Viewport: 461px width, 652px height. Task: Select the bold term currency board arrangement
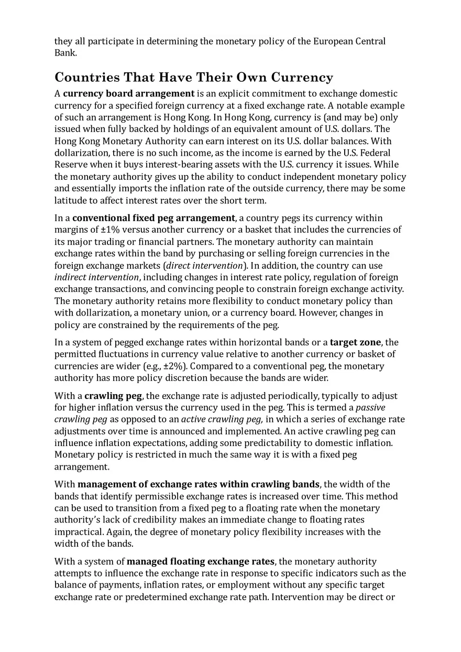coord(128,94)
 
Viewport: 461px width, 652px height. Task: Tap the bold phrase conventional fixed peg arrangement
coord(153,218)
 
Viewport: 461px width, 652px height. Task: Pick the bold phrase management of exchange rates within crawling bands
coord(199,484)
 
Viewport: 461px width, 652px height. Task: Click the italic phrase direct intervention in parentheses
coord(204,266)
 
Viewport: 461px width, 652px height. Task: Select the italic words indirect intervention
coord(97,277)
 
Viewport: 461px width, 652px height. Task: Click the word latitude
coord(72,200)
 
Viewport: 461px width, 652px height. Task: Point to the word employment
coord(239,585)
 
